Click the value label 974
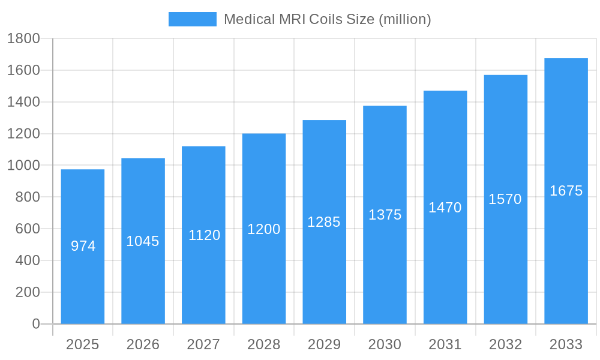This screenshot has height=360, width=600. coord(83,246)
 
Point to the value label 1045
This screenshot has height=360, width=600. coord(143,241)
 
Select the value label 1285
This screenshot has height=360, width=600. coord(324,222)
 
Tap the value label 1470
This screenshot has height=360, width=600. coord(445,208)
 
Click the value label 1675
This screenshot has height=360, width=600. coord(566,191)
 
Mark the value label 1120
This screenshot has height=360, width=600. coord(204,235)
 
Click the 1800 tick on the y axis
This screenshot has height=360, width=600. coord(23,39)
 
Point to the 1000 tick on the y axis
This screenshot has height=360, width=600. coord(23,166)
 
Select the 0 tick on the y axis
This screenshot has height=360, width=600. coord(35,324)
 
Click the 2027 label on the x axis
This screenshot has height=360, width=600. coord(203,344)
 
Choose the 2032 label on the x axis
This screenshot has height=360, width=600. coord(505,344)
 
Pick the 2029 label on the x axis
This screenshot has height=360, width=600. coord(324,344)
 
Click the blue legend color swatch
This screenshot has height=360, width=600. coord(192,19)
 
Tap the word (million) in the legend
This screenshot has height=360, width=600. coord(404,19)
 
